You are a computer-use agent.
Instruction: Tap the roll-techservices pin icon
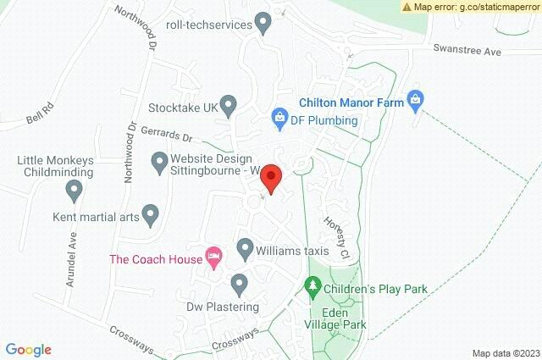coord(263,23)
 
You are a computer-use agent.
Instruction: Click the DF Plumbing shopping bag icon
coord(278,118)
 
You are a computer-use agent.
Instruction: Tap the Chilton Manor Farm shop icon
coord(415,99)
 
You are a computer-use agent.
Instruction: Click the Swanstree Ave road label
coord(467,52)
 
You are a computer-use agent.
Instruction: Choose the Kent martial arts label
coord(95,217)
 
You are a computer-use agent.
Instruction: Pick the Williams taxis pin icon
coord(246,249)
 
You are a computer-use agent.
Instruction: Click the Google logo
coord(28,349)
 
